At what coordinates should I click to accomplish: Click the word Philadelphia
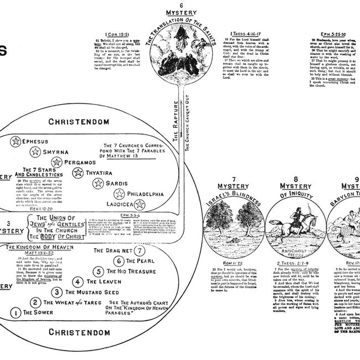145,194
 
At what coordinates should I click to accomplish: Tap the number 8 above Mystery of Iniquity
295,178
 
